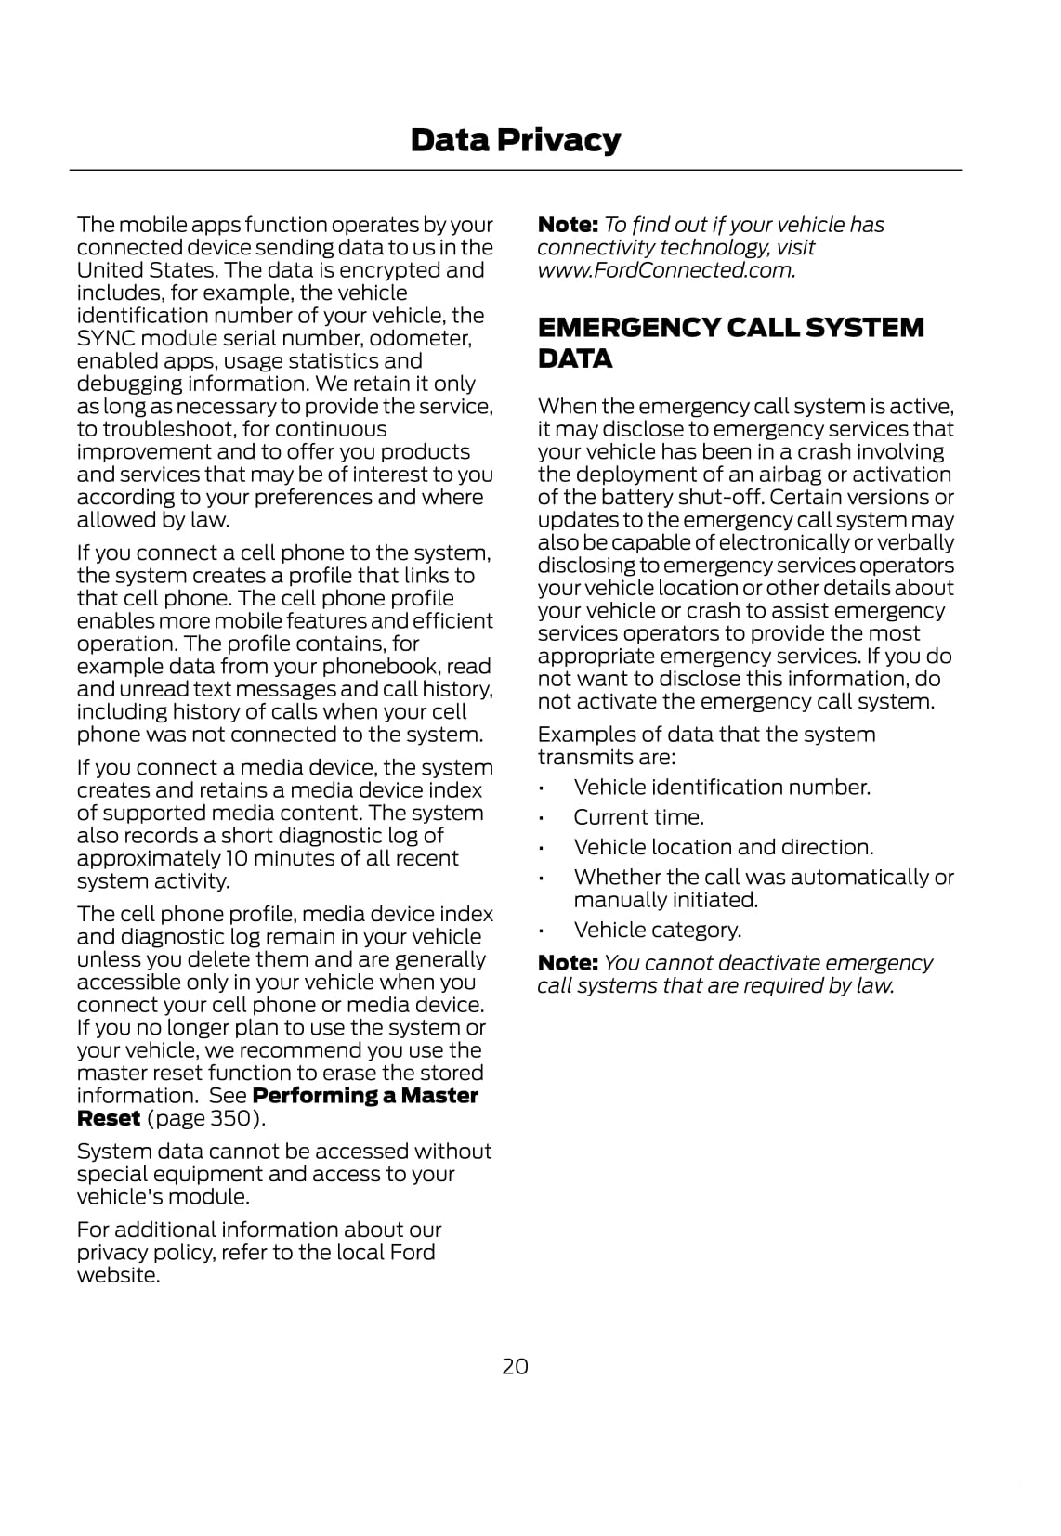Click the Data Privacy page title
coord(515,140)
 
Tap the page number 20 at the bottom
coord(515,1366)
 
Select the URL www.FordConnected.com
coord(665,270)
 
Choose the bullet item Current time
coord(638,817)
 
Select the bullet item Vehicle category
coord(657,930)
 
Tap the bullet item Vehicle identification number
coord(722,788)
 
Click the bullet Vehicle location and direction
coord(723,847)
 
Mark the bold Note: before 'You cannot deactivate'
coord(568,963)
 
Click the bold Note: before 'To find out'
coord(568,225)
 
